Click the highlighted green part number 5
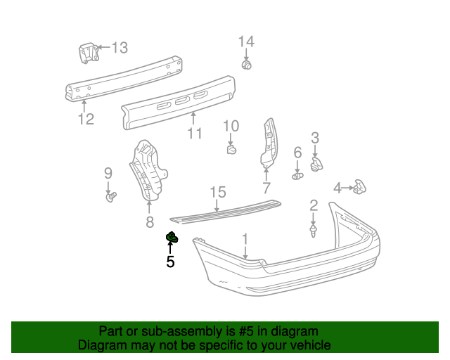172,238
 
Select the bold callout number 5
170,262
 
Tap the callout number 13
120,48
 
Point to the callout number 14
245,41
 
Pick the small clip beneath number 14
247,65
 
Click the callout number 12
85,119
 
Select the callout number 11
195,133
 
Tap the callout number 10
231,127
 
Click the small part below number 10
231,148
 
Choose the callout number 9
108,173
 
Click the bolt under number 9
110,197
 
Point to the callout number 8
149,223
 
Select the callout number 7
266,188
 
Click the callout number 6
297,153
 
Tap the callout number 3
315,138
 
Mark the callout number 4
337,188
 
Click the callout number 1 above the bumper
245,239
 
